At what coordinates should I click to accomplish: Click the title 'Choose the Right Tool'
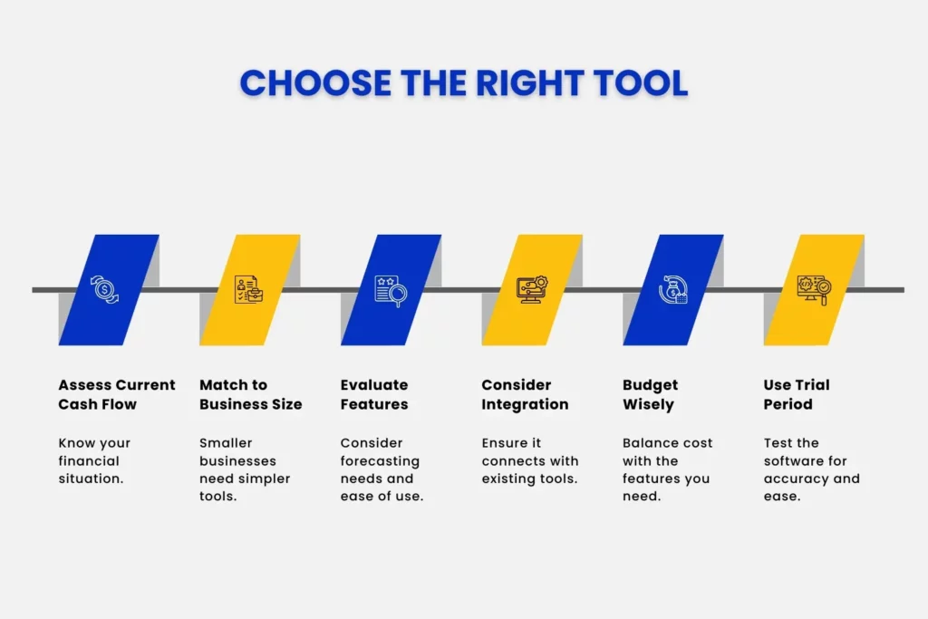[x=463, y=82]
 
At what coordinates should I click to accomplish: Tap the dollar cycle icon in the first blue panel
[x=106, y=290]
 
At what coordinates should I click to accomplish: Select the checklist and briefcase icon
[x=248, y=290]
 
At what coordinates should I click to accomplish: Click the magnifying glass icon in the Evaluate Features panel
[x=391, y=290]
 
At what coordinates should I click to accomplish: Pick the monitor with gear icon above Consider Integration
[x=531, y=290]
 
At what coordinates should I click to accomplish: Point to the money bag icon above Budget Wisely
[x=672, y=290]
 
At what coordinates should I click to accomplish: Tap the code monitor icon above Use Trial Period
[x=813, y=290]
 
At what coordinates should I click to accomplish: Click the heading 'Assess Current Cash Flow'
[x=117, y=394]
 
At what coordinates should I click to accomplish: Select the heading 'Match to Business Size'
[x=250, y=394]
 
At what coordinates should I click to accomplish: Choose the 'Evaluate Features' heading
[x=374, y=394]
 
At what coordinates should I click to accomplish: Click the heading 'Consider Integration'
[x=525, y=394]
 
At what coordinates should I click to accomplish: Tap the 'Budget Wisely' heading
[x=650, y=394]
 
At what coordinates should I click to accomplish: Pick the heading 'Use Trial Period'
[x=797, y=394]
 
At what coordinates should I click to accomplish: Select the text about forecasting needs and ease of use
[x=382, y=469]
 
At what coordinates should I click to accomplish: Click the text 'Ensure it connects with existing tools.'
[x=529, y=460]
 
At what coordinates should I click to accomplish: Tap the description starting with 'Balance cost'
[x=667, y=469]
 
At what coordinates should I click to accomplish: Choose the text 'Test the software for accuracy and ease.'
[x=811, y=469]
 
